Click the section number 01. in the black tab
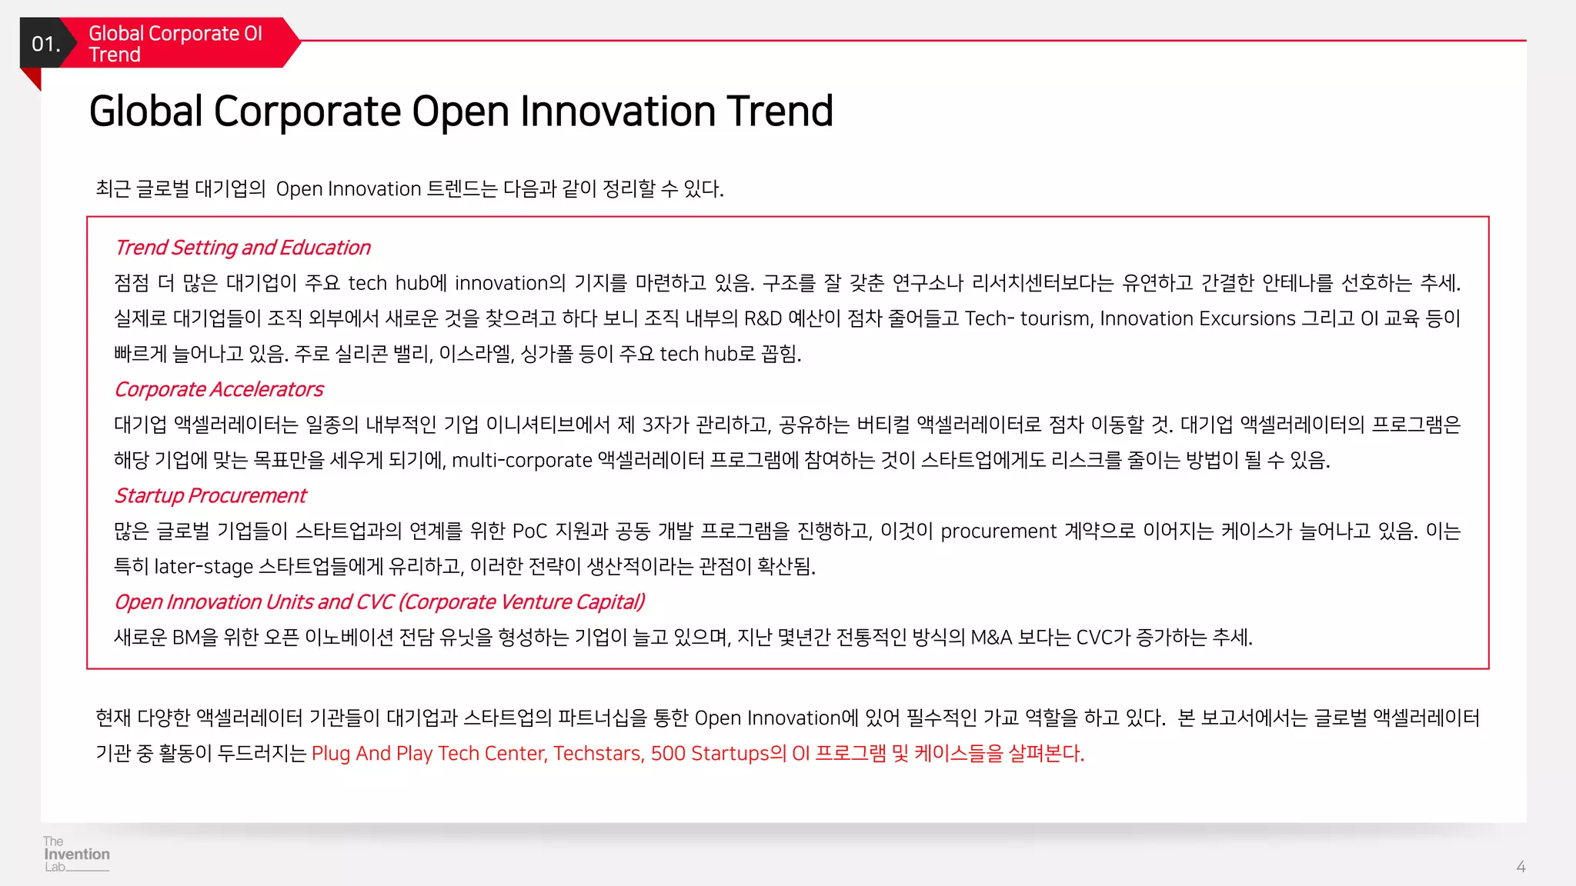click(x=45, y=44)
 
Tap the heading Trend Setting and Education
click(x=242, y=248)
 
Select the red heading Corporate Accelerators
click(x=219, y=389)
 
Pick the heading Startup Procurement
click(x=210, y=495)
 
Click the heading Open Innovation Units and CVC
click(x=379, y=601)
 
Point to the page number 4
click(x=1521, y=867)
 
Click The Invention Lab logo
click(x=75, y=854)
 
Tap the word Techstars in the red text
click(x=598, y=753)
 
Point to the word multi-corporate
click(x=522, y=460)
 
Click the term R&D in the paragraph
click(x=763, y=318)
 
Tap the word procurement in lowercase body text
click(x=998, y=531)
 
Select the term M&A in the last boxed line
click(x=990, y=637)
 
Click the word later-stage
click(x=203, y=566)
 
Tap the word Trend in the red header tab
click(x=115, y=55)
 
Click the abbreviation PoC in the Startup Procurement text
click(x=529, y=531)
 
